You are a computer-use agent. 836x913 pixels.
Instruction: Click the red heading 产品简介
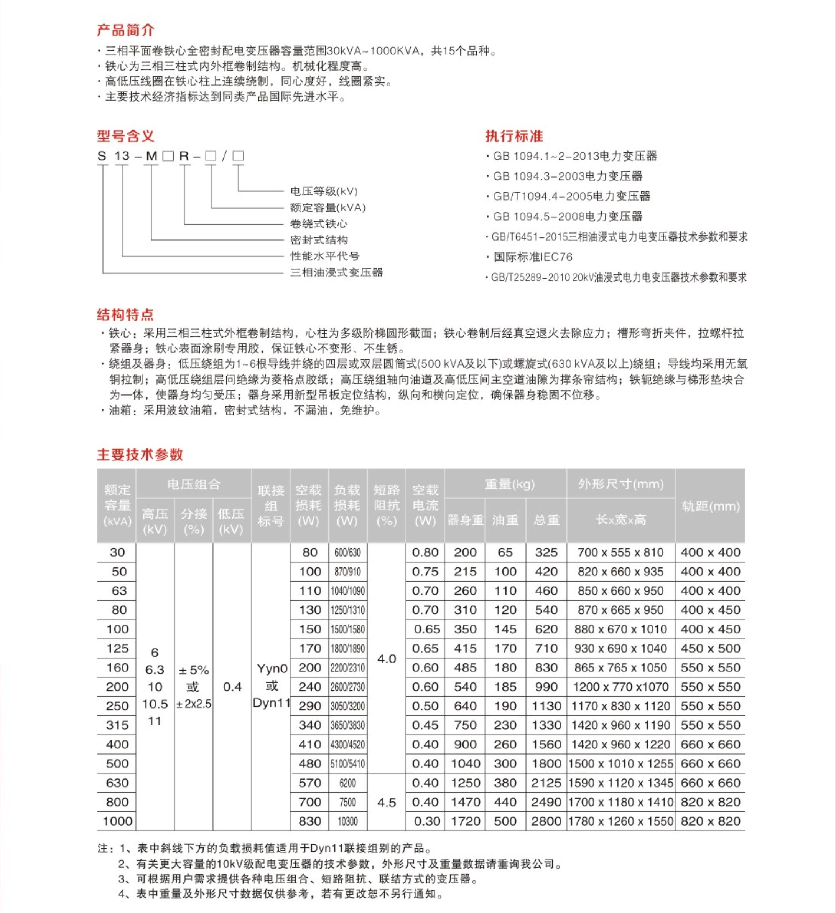click(x=125, y=30)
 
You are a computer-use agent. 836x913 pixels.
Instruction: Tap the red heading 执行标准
click(x=514, y=136)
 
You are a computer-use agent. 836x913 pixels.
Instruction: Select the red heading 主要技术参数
click(x=140, y=454)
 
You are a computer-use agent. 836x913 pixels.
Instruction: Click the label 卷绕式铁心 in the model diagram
click(x=319, y=224)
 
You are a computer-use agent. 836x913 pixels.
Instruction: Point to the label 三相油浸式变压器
click(x=336, y=272)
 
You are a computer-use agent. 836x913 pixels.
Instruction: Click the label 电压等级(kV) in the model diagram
click(x=324, y=191)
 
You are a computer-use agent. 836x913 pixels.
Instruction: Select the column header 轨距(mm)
click(x=710, y=506)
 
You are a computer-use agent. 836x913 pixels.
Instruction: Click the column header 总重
click(x=546, y=520)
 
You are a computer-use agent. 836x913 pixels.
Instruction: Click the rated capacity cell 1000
click(x=118, y=821)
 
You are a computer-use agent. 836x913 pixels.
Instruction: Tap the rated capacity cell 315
click(x=118, y=725)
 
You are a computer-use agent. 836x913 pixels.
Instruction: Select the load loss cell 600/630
click(x=347, y=552)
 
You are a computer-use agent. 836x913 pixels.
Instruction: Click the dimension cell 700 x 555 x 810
click(x=620, y=552)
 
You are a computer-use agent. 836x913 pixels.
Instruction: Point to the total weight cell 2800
click(x=546, y=821)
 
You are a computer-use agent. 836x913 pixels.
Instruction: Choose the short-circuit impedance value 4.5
click(x=387, y=802)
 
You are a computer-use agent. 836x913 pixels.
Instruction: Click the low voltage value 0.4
click(x=232, y=687)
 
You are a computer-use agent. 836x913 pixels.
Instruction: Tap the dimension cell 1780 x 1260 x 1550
click(x=620, y=821)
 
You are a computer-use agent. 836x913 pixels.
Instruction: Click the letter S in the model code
click(x=102, y=156)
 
